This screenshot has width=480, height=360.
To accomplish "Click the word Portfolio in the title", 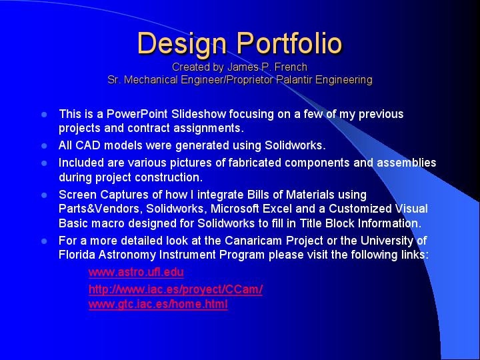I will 289,44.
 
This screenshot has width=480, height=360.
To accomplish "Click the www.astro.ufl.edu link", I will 136,272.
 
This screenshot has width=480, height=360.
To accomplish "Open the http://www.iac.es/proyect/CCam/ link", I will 175,289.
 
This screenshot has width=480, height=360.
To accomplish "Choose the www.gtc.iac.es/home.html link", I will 158,304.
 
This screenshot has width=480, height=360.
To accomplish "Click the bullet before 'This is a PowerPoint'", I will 45,115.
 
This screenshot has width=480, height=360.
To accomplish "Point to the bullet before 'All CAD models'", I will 45,145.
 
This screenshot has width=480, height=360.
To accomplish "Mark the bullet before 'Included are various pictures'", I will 45,163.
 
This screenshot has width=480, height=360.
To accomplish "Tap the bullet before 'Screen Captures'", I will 45,195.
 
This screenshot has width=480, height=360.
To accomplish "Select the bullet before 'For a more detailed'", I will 45,241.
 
